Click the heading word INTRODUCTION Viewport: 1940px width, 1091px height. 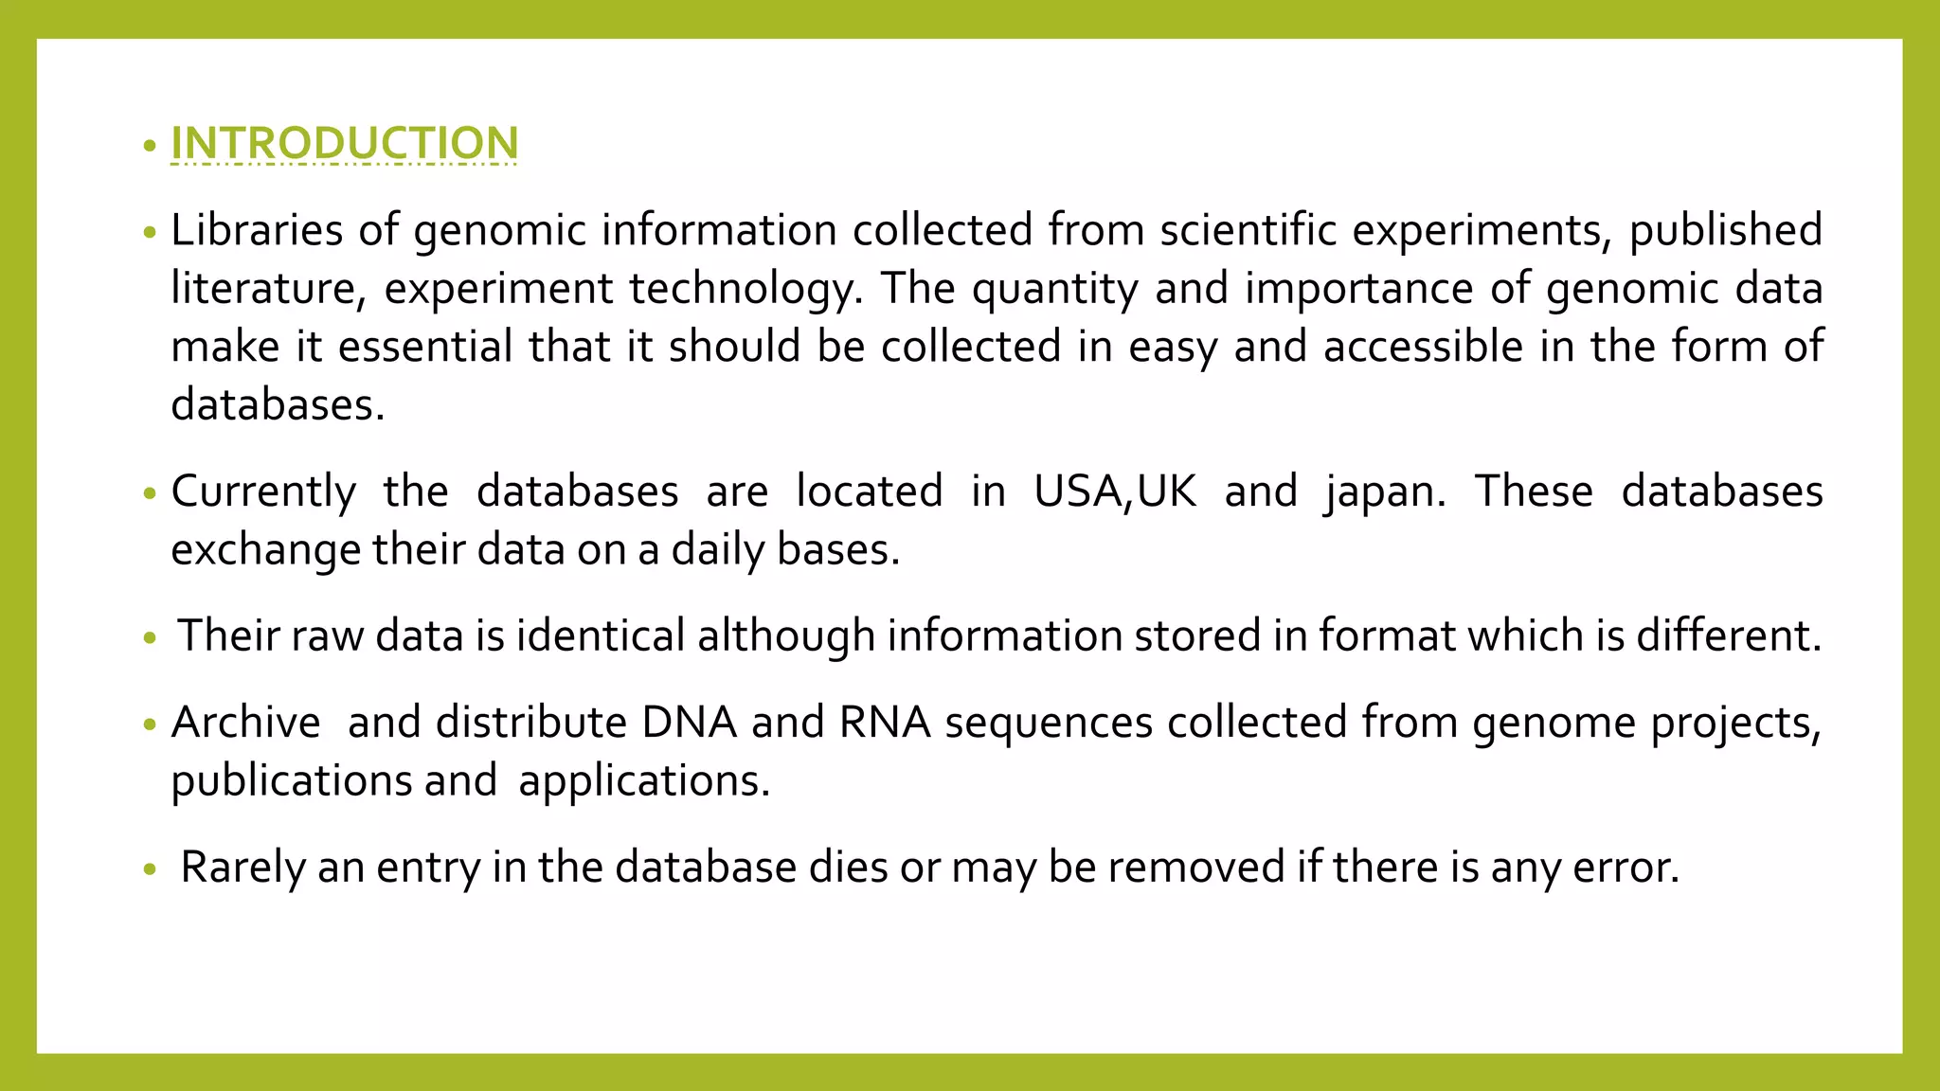tap(344, 144)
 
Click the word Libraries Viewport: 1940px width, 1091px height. tap(257, 230)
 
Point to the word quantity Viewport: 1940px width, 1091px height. tap(1054, 289)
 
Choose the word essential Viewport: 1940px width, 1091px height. tap(425, 347)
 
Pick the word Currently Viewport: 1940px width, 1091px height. tap(263, 492)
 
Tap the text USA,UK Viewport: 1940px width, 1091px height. tap(1115, 492)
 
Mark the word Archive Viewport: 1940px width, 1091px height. tap(246, 723)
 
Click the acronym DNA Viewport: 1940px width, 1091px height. tap(690, 723)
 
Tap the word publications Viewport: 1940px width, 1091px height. tap(291, 781)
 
